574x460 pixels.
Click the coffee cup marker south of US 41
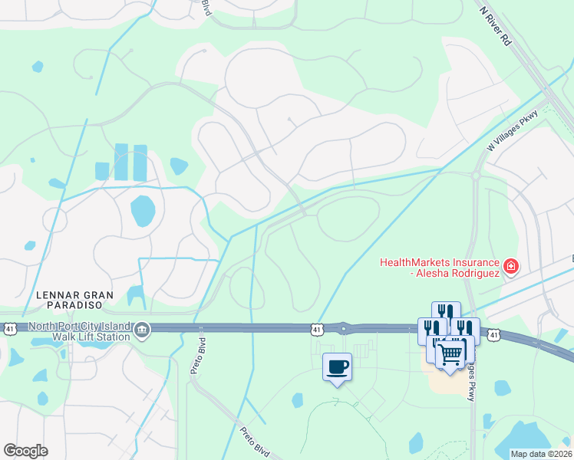pyautogui.click(x=337, y=366)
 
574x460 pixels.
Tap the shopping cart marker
pyautogui.click(x=450, y=352)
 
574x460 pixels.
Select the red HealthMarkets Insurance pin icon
pyautogui.click(x=510, y=268)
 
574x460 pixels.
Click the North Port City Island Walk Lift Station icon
pyautogui.click(x=142, y=330)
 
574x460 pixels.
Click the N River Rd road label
pyautogui.click(x=496, y=27)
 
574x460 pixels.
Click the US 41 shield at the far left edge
pyautogui.click(x=9, y=328)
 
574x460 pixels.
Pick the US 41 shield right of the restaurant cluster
pyautogui.click(x=495, y=335)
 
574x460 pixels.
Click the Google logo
pyautogui.click(x=25, y=451)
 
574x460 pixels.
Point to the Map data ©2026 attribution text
pyautogui.click(x=541, y=454)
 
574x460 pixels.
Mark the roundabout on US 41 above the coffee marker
pyautogui.click(x=344, y=328)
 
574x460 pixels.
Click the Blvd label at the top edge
pyautogui.click(x=206, y=8)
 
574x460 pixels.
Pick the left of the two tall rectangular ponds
pyautogui.click(x=121, y=163)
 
